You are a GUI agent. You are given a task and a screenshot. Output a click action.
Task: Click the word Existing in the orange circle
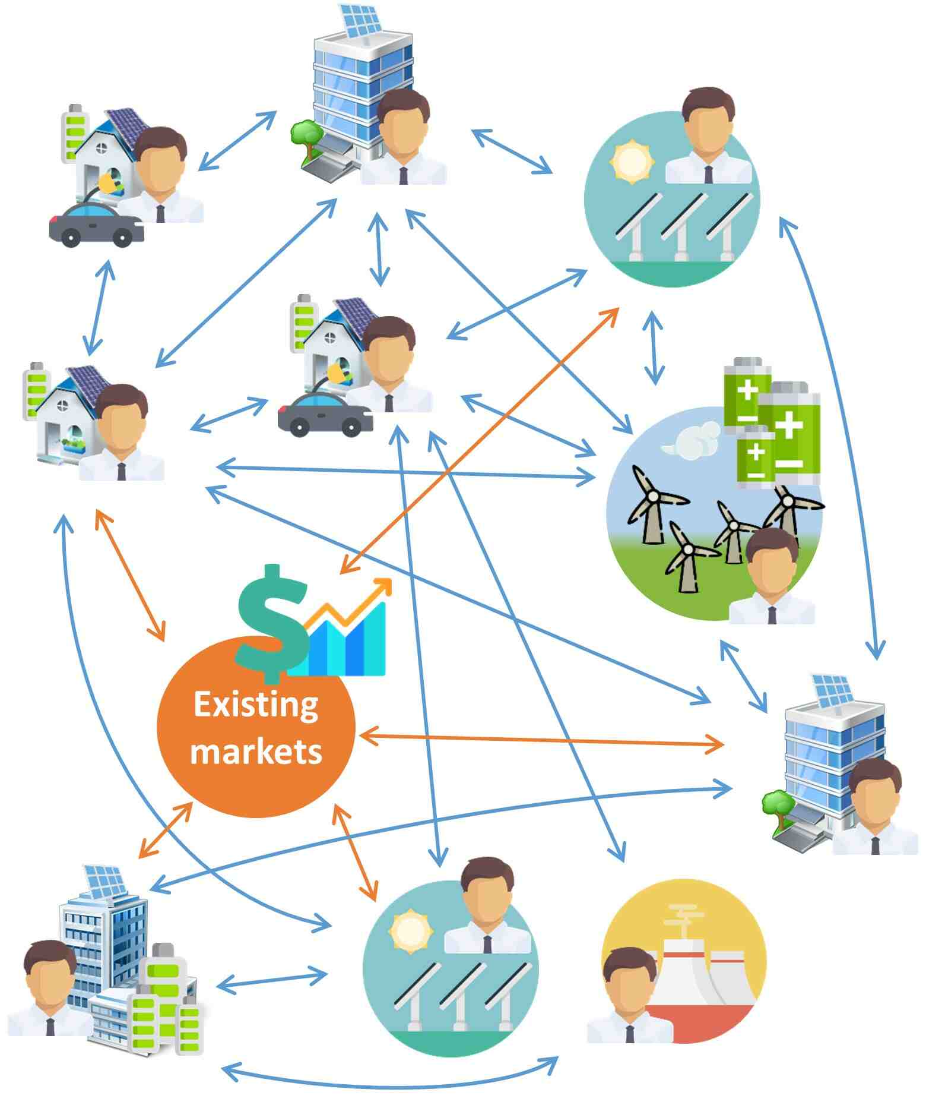[x=256, y=706]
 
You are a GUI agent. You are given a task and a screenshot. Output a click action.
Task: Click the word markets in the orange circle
[x=256, y=751]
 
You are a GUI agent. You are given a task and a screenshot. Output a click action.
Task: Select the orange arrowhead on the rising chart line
[x=383, y=585]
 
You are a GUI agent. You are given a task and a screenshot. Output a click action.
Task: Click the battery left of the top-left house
[x=74, y=134]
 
